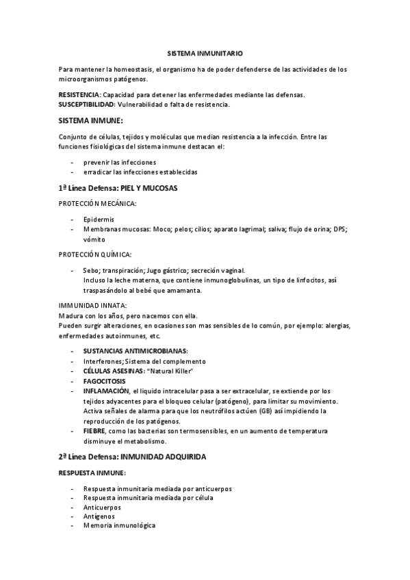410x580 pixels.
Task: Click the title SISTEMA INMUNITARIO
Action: tap(205, 52)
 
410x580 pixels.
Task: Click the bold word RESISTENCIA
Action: tap(79, 95)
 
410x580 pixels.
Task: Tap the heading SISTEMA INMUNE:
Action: tap(90, 120)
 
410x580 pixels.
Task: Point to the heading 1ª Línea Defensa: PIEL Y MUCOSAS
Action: tap(118, 187)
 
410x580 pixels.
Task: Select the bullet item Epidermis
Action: tap(99, 219)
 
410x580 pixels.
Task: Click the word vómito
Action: tap(94, 239)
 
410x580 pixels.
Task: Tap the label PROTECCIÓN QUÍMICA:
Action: tap(94, 254)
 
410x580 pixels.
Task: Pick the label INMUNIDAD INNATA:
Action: tap(92, 306)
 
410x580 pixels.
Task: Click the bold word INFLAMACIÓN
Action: tap(106, 391)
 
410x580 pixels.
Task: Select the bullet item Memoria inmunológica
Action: tap(119, 526)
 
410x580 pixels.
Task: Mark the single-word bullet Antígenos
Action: tap(99, 516)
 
